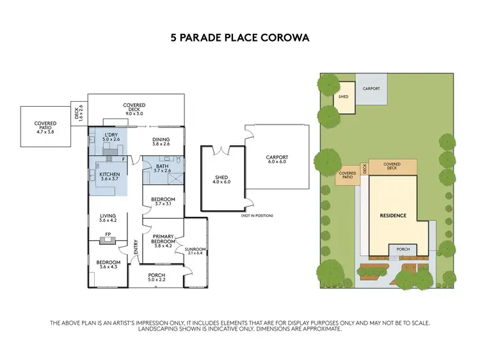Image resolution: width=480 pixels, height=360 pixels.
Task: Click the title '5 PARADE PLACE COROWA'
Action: tap(239, 38)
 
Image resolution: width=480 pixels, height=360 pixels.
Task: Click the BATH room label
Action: tap(163, 168)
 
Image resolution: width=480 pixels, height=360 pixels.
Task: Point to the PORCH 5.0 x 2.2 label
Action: tap(156, 278)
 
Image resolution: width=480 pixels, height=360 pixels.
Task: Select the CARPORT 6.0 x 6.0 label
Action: tap(277, 160)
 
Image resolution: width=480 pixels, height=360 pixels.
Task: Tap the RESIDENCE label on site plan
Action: tap(392, 215)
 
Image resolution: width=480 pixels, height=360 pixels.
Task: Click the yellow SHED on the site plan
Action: tap(344, 98)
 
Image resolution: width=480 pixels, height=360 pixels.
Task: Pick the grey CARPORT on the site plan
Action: tap(372, 90)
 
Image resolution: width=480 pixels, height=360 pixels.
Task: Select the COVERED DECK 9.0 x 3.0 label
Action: tap(134, 108)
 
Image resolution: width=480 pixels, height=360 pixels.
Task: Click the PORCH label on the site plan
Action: tap(403, 249)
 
